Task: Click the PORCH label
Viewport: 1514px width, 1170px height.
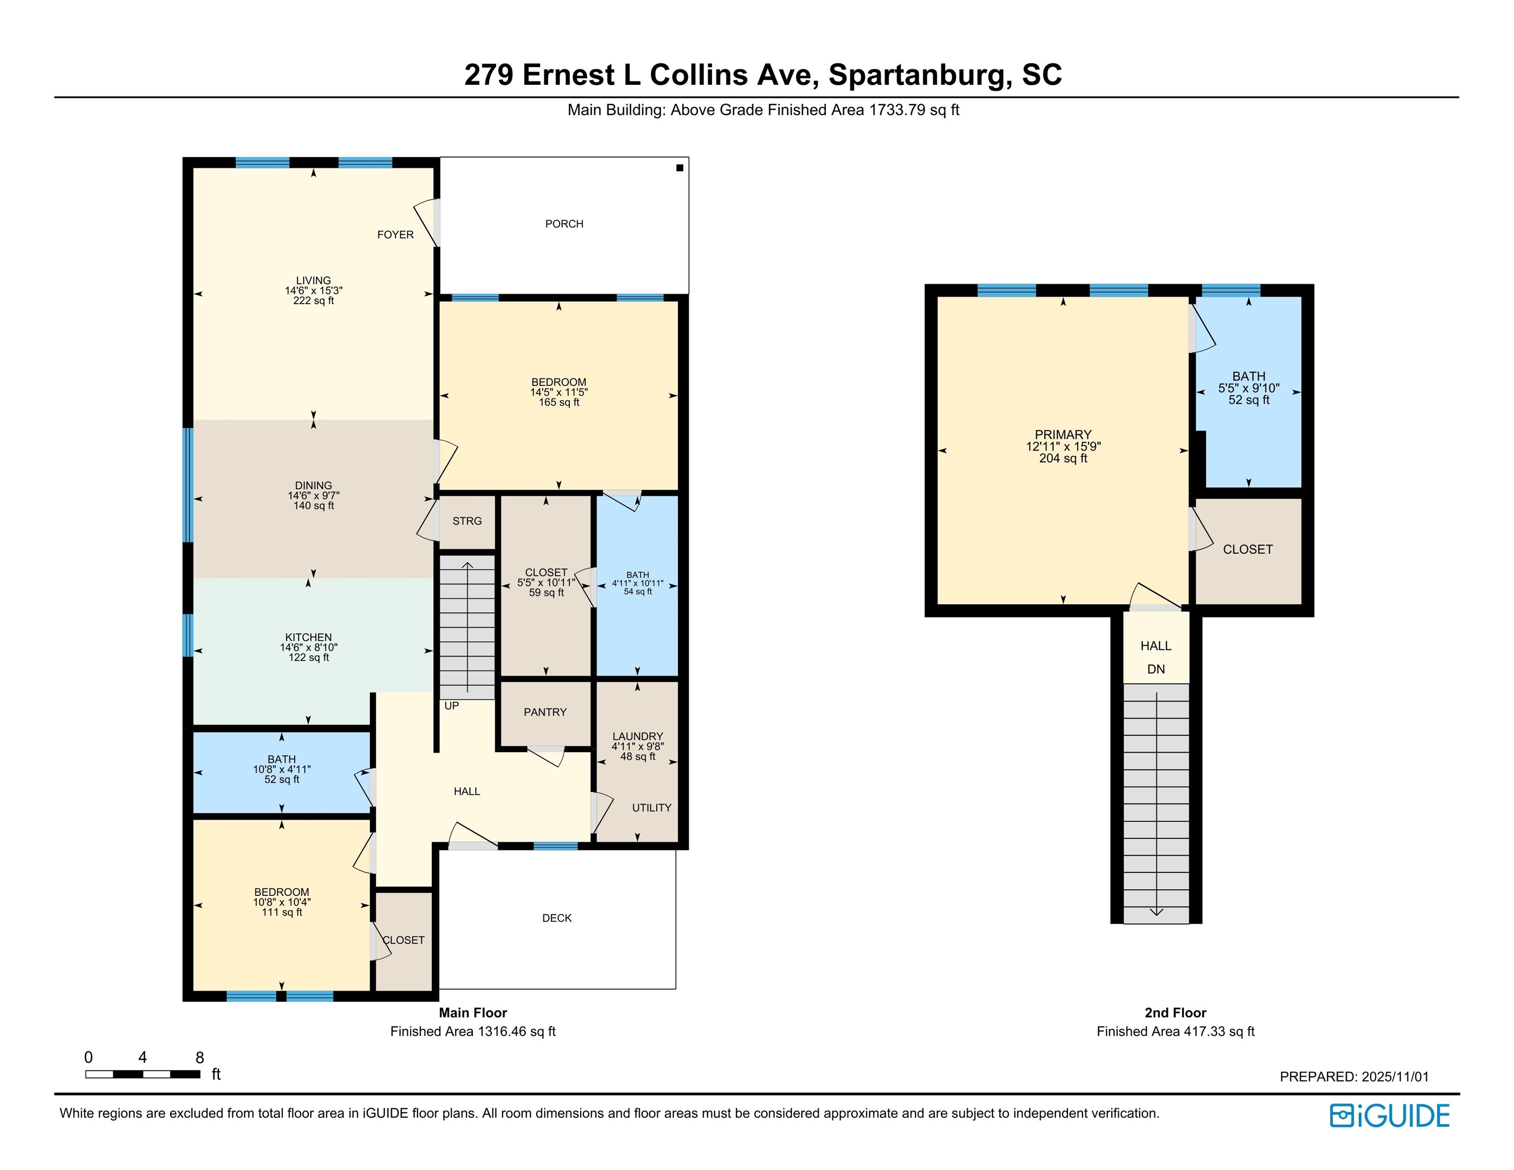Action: (564, 224)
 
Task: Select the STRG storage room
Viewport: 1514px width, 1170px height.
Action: (467, 521)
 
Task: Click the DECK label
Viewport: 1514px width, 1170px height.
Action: (557, 919)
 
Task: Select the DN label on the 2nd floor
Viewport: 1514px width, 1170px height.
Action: (1156, 670)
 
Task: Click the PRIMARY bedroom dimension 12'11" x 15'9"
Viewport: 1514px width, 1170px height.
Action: (1064, 447)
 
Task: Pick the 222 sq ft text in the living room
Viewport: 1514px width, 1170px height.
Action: (313, 301)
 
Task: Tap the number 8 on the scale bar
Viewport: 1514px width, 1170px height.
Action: (200, 1058)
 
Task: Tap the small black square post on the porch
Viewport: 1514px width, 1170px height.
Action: (680, 168)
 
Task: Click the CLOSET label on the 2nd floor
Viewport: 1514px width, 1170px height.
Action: (1248, 549)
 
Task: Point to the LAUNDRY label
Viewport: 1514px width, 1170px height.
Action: (638, 737)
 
